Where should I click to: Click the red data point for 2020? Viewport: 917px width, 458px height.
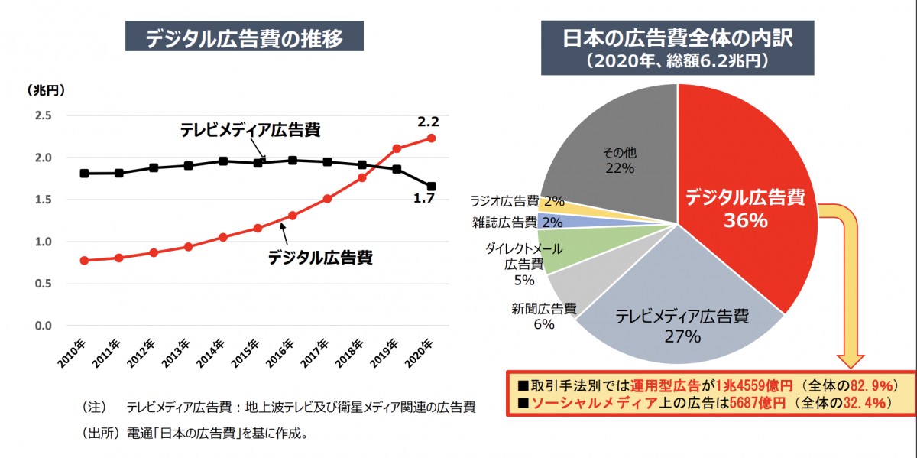[x=431, y=138]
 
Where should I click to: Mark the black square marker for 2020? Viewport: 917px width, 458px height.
[x=431, y=187]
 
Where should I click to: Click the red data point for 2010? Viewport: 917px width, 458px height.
[x=84, y=261]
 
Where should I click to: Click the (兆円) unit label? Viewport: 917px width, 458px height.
[x=46, y=89]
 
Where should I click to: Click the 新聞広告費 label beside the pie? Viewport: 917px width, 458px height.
[x=543, y=309]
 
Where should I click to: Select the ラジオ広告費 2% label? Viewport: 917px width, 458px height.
[x=517, y=202]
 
